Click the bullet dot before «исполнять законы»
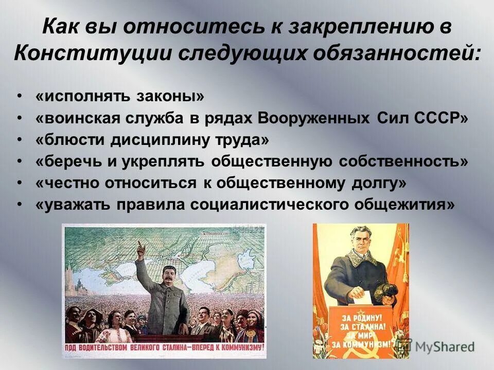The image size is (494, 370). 20,96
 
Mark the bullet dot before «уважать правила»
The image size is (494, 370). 20,205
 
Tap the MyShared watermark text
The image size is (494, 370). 444,346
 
